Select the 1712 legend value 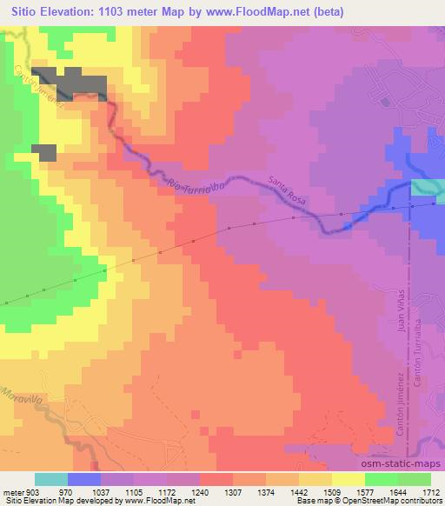431,491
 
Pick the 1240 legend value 200,491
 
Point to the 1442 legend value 299,491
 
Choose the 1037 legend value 101,491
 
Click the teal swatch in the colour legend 51,479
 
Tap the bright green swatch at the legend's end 415,479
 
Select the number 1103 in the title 116,12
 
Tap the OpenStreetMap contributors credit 392,501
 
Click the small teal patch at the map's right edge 427,188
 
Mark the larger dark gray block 70,82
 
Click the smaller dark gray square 44,151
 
